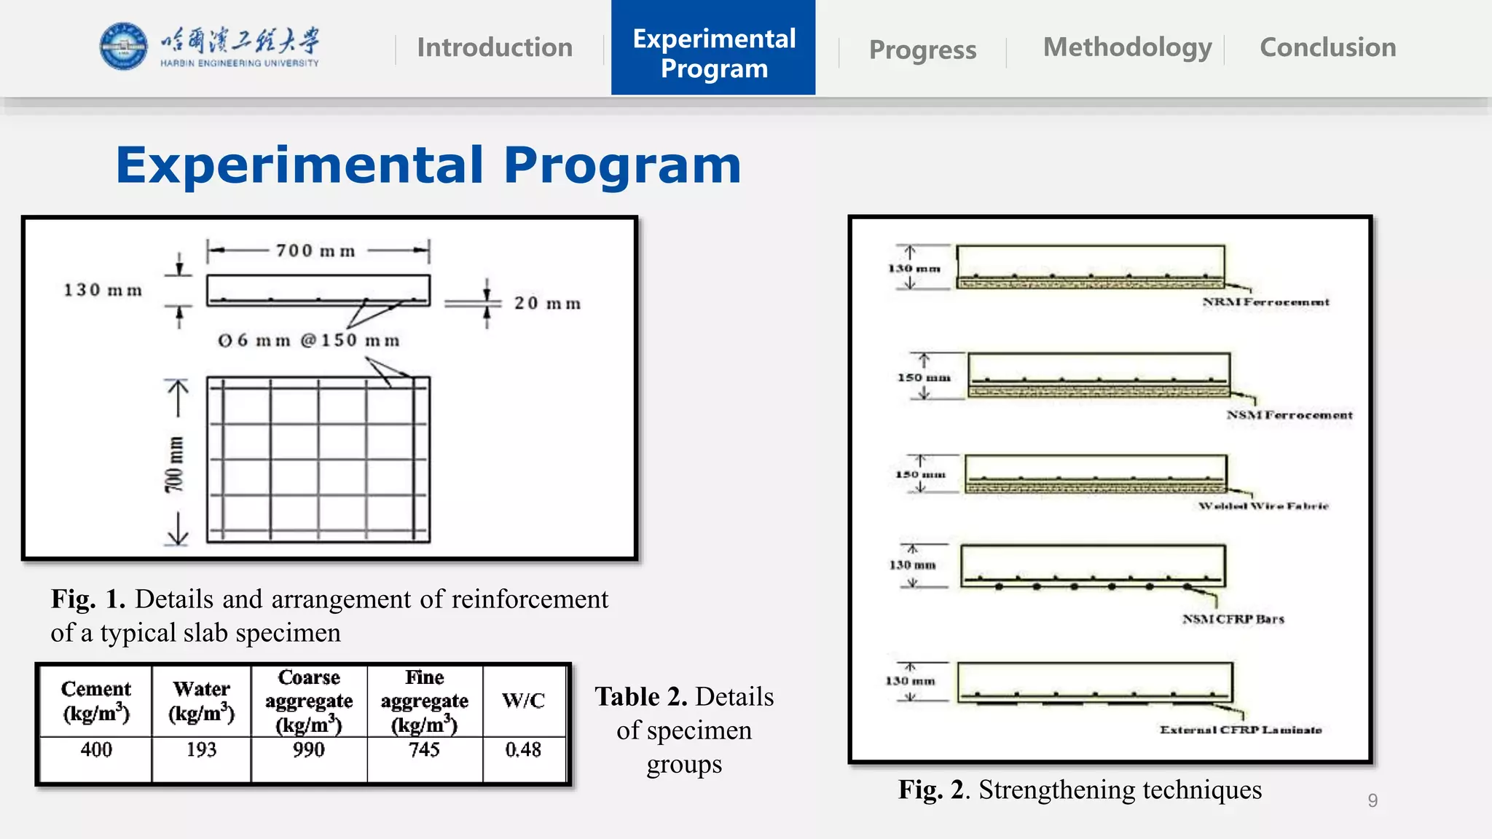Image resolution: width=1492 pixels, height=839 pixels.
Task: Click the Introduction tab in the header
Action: coord(495,48)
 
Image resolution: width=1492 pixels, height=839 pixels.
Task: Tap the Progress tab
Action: coord(922,50)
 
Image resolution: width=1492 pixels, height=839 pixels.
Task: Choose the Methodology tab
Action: coord(1127,47)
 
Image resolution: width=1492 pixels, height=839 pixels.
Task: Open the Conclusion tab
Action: coord(1327,47)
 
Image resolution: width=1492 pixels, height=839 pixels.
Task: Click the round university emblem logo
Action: coord(123,46)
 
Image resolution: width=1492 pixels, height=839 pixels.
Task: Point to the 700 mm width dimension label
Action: coord(315,251)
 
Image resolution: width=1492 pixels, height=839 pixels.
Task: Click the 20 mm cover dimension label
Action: coord(547,303)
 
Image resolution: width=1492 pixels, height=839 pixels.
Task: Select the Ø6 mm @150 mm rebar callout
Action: coord(309,340)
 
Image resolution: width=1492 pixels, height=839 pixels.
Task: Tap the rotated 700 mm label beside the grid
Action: coord(175,464)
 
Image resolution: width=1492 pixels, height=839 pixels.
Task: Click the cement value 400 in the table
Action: coord(96,749)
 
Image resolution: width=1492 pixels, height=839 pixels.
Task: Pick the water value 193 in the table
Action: coord(201,749)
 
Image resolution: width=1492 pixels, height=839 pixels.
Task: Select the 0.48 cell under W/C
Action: coord(523,749)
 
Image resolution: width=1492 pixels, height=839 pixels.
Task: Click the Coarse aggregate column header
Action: coord(309,701)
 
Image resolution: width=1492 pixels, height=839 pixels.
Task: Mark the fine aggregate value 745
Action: coord(424,749)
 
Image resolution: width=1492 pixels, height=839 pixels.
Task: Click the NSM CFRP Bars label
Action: coord(1233,619)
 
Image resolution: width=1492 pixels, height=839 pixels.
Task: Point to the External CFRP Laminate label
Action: coord(1241,730)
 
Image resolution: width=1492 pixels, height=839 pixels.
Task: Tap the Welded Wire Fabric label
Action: coord(1263,505)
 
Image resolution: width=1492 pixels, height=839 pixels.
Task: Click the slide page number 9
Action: coord(1373,800)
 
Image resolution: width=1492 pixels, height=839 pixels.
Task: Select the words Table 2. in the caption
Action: coord(641,697)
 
